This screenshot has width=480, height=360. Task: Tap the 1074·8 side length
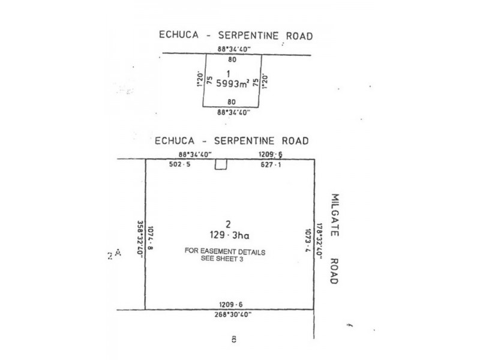(x=151, y=236)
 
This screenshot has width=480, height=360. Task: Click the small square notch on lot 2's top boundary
(x=221, y=164)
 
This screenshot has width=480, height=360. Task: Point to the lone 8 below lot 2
(x=233, y=340)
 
